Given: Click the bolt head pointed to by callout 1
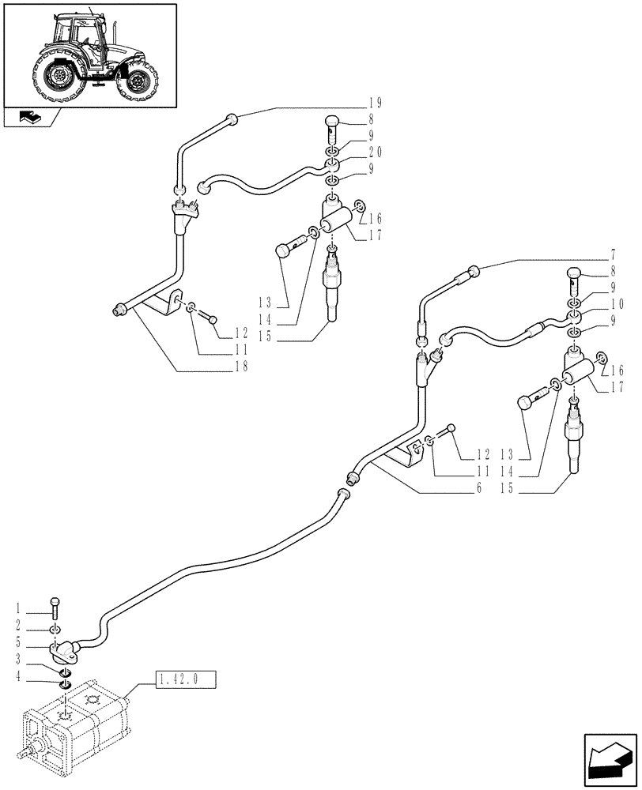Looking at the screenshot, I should coord(55,603).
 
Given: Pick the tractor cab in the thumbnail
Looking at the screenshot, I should coord(79,36).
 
